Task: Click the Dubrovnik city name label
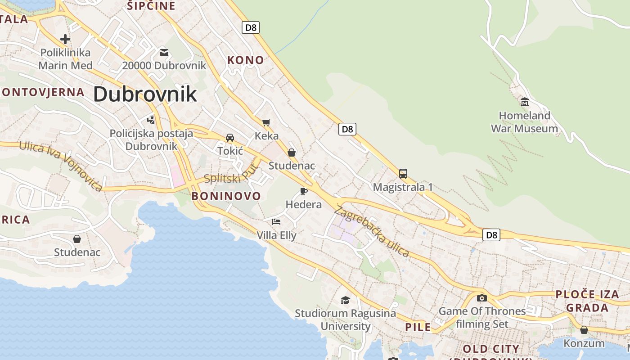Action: coord(145,94)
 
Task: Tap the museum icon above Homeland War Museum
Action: coord(524,102)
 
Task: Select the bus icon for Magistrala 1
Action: coord(403,173)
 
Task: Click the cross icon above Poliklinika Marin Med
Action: coord(65,39)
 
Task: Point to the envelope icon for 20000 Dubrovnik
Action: coord(164,53)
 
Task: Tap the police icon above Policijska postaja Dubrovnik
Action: coord(151,120)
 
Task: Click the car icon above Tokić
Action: coord(230,137)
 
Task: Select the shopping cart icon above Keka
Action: coord(266,122)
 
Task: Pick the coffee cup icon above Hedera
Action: coord(304,191)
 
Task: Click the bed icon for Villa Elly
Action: coord(276,221)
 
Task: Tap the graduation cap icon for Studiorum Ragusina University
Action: coord(345,300)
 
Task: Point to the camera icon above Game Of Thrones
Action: coord(481,298)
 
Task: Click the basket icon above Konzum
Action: coord(584,330)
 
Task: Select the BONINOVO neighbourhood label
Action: coord(226,196)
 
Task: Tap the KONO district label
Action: coord(245,60)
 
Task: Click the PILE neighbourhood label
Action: coord(418,327)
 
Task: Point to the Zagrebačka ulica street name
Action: coord(372,231)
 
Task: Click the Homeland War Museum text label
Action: coord(524,122)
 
